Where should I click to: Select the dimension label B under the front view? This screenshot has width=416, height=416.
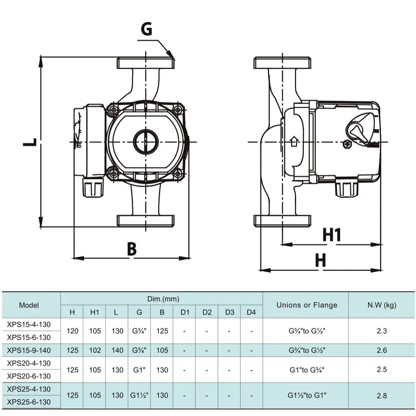click(x=131, y=249)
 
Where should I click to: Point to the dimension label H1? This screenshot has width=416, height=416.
click(x=332, y=235)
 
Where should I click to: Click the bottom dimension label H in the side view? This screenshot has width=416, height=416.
click(x=320, y=261)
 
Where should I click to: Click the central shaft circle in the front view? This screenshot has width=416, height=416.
click(x=146, y=141)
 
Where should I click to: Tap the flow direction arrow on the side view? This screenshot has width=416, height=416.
click(x=294, y=141)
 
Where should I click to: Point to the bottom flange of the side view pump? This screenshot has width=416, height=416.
click(x=282, y=221)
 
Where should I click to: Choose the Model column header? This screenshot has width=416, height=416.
click(x=29, y=305)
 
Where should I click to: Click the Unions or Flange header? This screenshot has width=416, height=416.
click(x=307, y=305)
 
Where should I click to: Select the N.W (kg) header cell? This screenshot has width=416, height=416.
click(x=381, y=305)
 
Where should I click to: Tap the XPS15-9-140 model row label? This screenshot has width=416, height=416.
click(x=29, y=350)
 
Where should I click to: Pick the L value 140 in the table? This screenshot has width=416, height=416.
click(x=118, y=350)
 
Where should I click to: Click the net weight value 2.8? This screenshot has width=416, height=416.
click(x=381, y=395)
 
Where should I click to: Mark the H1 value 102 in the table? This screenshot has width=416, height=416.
click(x=95, y=350)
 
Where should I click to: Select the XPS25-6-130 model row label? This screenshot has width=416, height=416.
click(x=29, y=402)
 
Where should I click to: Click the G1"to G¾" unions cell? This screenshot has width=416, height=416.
click(x=307, y=369)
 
